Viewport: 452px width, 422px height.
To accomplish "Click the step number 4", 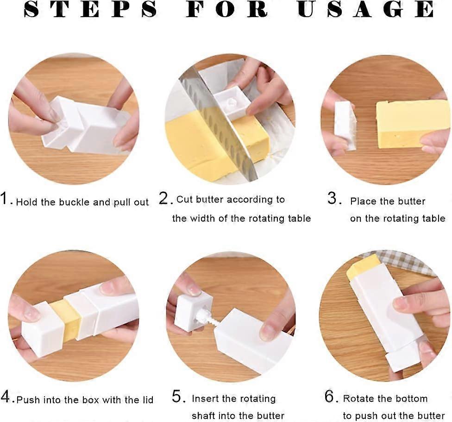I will (6, 397).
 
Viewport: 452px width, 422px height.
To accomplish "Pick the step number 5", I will (178, 397).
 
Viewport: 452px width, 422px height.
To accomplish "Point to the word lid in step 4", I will (146, 399).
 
